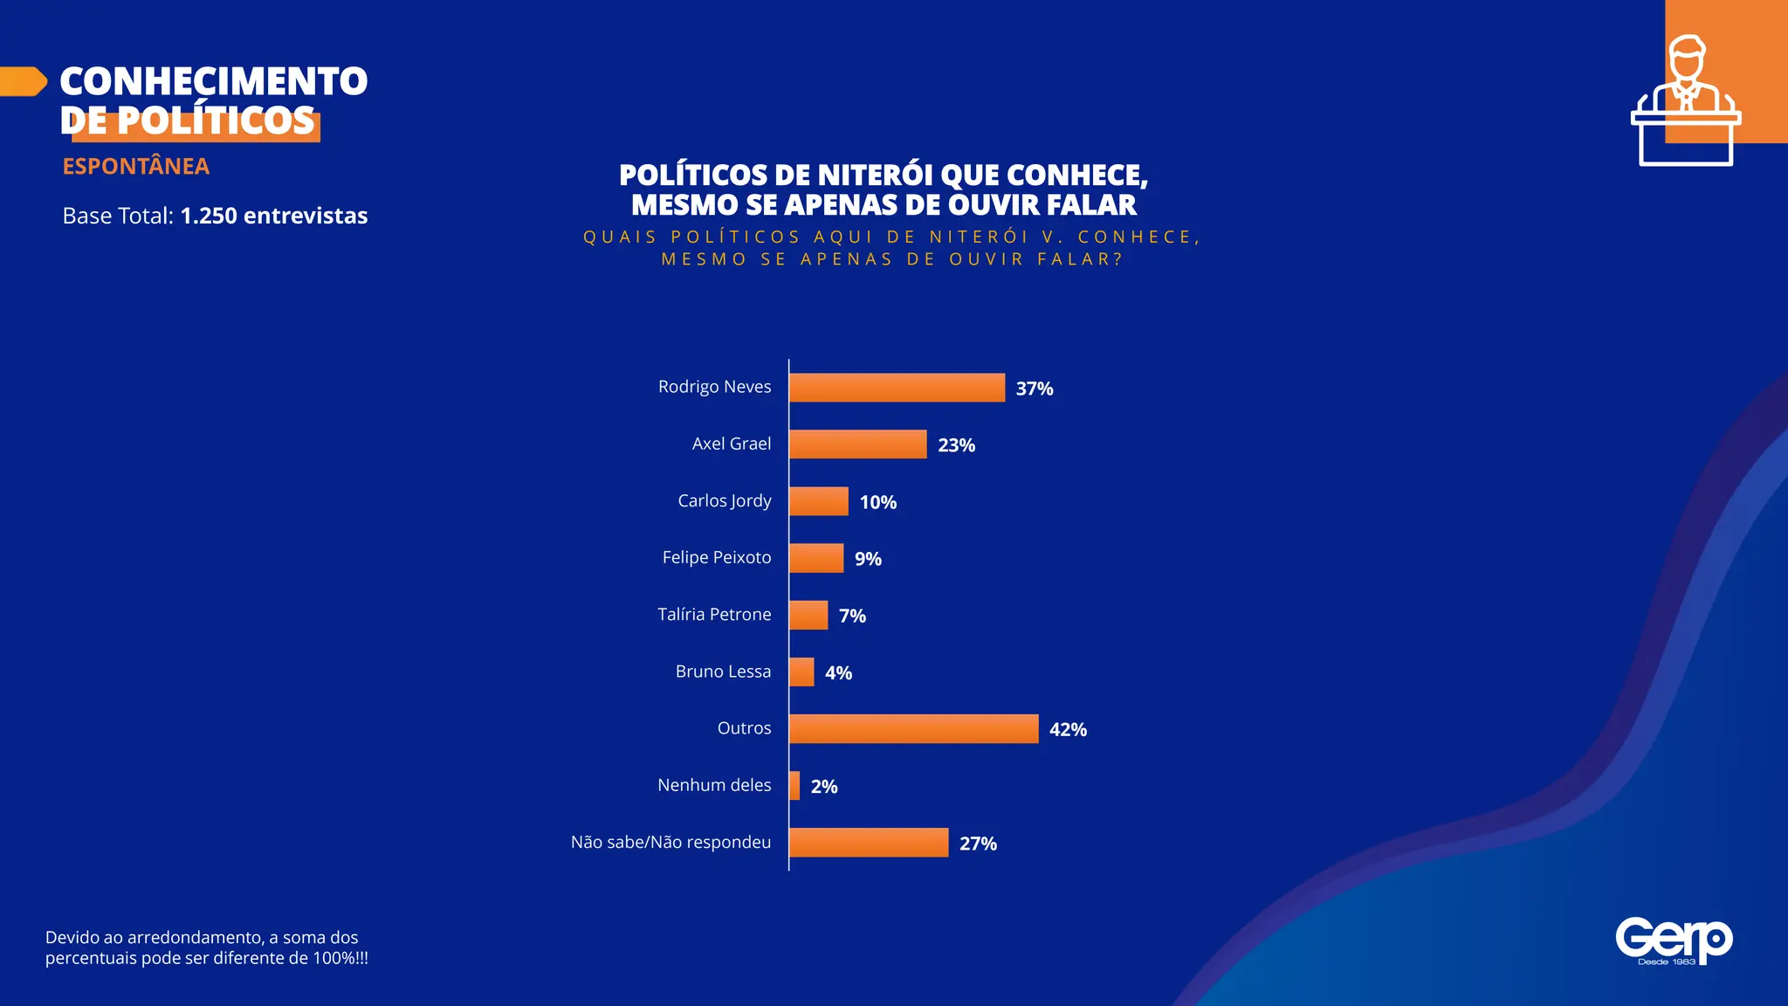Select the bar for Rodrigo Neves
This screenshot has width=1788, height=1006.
897,388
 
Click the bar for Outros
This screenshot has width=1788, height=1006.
913,729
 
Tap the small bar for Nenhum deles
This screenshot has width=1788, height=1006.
794,786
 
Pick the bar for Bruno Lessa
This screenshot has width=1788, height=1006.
801,672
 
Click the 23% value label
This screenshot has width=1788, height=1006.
956,445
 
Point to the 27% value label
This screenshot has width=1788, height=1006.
978,844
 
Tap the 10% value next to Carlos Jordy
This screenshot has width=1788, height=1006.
877,502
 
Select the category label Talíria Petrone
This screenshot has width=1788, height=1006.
714,615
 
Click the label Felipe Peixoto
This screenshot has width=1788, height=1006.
716,557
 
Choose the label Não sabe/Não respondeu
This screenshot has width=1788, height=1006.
670,843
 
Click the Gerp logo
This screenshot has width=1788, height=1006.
1673,941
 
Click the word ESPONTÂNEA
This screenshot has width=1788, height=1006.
135,166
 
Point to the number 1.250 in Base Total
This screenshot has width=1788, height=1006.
208,216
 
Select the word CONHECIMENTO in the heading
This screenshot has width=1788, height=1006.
214,81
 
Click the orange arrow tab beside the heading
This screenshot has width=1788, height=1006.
23,81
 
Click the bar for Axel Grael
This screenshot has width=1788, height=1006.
857,444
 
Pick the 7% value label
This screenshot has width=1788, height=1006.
852,616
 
